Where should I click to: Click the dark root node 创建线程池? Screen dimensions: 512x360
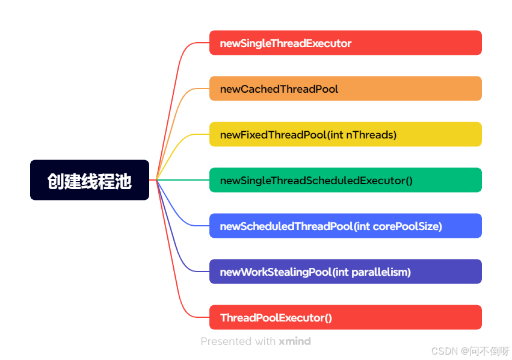click(x=90, y=180)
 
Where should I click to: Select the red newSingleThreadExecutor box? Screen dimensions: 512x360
click(x=345, y=43)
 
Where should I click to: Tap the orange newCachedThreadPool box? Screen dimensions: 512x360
click(x=345, y=88)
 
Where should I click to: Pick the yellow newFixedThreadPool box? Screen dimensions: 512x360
click(x=345, y=134)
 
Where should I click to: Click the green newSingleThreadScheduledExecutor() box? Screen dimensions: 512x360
click(x=345, y=180)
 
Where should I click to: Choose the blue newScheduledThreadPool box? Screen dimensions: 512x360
click(x=345, y=226)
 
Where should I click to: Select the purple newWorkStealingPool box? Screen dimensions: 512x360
click(x=345, y=272)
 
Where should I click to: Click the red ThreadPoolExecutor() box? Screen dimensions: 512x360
click(x=345, y=317)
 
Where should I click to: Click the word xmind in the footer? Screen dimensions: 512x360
click(x=295, y=341)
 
